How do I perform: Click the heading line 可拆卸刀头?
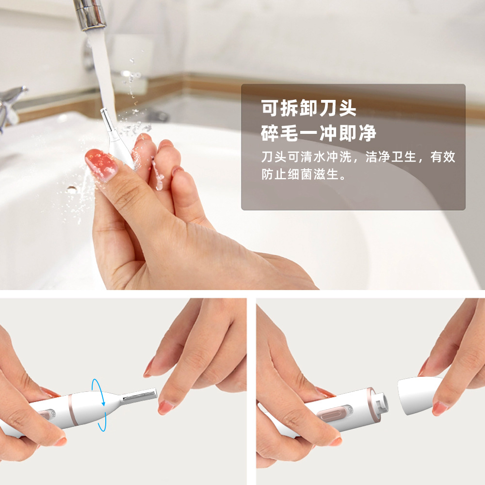(x=309, y=109)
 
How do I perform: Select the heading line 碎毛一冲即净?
(x=318, y=133)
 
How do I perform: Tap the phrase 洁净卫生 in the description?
(x=392, y=158)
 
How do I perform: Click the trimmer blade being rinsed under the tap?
(x=107, y=121)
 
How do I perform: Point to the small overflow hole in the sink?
(x=72, y=190)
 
